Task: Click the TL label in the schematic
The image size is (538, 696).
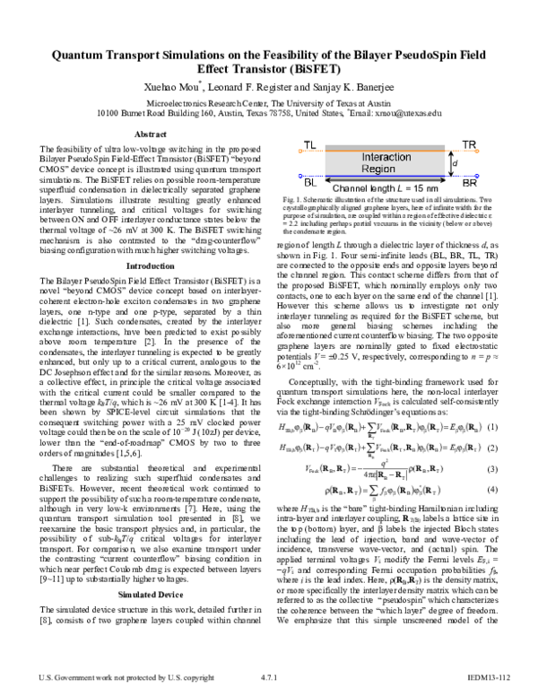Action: pyautogui.click(x=310, y=145)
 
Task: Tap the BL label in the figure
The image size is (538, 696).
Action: pyautogui.click(x=310, y=180)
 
